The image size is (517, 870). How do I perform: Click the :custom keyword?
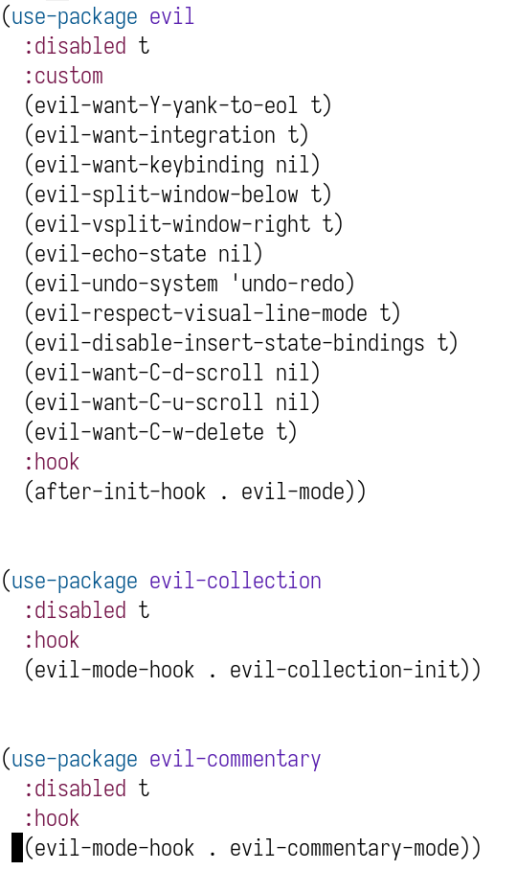point(63,76)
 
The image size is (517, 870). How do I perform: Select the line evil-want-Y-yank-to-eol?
point(166,105)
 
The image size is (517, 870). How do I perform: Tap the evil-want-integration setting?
point(154,135)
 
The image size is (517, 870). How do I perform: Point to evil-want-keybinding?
point(149,165)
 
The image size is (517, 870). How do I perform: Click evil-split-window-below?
point(166,195)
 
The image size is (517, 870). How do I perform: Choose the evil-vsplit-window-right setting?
point(171,224)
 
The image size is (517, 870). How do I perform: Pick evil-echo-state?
point(121,254)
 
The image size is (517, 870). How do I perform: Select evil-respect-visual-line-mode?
point(201,313)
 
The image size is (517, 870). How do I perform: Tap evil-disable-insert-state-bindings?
point(230,343)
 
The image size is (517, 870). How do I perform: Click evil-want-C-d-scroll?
point(149,373)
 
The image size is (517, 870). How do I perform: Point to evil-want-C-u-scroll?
point(149,402)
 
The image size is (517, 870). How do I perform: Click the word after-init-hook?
point(121,492)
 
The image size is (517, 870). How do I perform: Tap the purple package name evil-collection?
point(235,581)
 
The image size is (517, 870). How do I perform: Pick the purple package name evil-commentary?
point(235,759)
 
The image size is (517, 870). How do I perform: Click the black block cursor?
point(17,848)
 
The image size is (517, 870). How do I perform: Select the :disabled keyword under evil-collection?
point(75,610)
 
